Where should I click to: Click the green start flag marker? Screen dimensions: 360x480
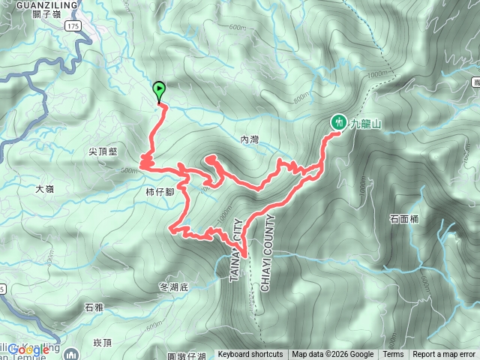159,91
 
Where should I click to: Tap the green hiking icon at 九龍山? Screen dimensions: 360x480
338,121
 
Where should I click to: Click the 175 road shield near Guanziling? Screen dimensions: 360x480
72,26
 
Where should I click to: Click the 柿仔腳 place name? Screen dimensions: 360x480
160,191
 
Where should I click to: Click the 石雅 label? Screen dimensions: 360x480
94,307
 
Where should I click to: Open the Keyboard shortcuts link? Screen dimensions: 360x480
250,355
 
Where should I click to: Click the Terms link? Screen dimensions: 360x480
393,355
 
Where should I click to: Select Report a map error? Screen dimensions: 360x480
445,355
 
